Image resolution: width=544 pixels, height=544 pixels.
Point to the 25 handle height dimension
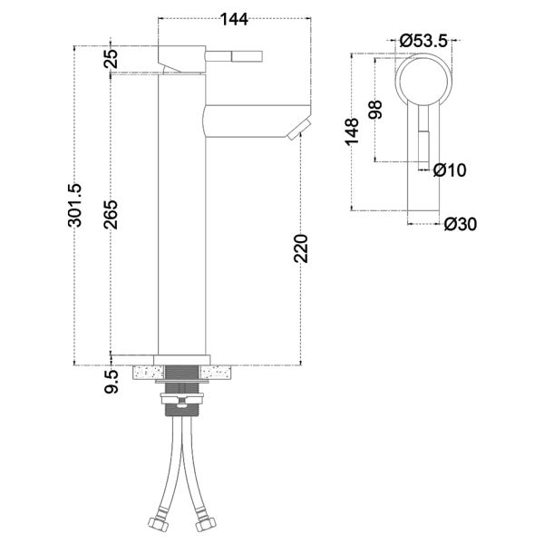tap(112, 59)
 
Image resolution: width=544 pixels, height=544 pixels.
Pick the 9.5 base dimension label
tap(112, 382)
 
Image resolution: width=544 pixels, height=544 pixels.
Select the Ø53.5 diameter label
tap(426, 40)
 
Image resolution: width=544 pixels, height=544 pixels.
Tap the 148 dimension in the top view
tap(353, 130)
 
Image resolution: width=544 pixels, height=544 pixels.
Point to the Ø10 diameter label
tap(450, 170)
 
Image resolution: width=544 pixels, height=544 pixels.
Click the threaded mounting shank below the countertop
tap(184, 371)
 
